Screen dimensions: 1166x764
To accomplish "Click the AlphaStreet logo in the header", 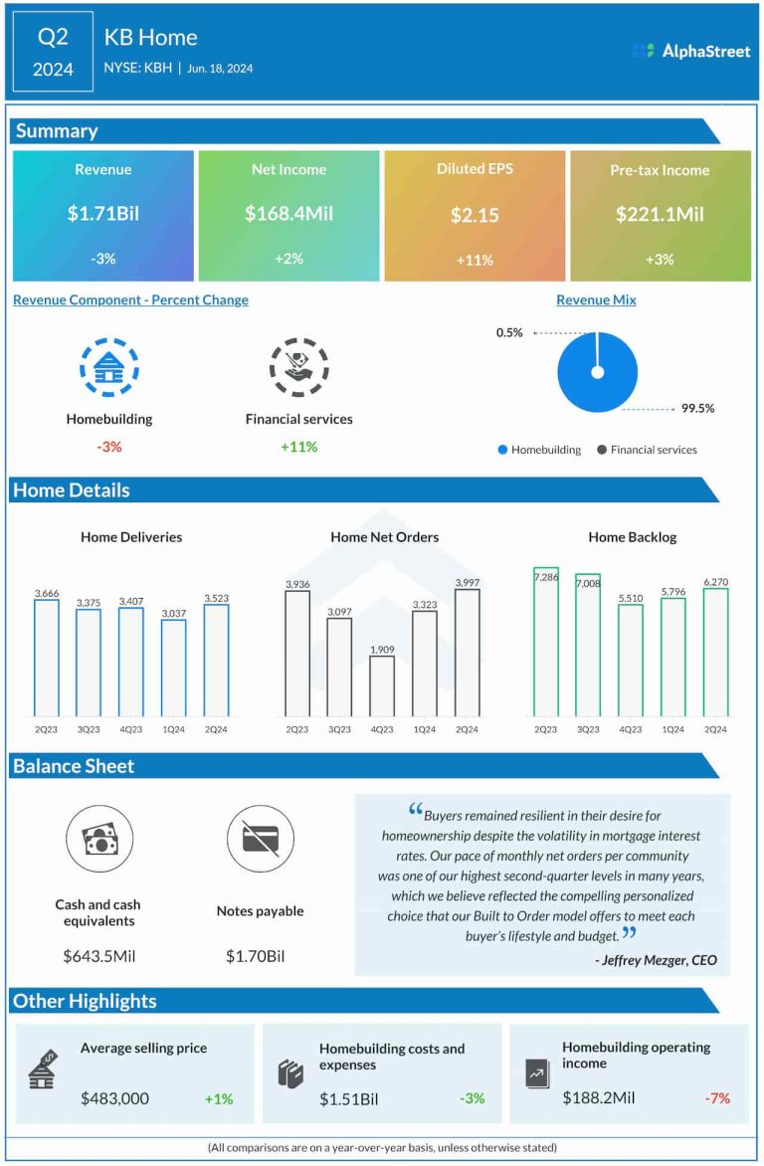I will (x=691, y=51).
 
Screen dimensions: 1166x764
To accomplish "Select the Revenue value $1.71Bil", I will (x=102, y=214).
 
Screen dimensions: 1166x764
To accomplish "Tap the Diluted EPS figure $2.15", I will (x=475, y=215).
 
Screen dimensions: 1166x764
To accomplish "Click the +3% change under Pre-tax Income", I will (x=660, y=260).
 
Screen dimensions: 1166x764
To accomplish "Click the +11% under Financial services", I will (x=298, y=447).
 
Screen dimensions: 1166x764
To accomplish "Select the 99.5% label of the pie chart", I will (x=697, y=408).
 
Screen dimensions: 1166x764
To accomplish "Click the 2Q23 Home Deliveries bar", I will (x=47, y=658).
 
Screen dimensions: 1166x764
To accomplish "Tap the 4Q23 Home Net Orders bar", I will (x=382, y=686).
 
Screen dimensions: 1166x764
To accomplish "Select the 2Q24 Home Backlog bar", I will (x=715, y=652).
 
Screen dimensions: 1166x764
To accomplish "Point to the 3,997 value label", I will (x=467, y=582).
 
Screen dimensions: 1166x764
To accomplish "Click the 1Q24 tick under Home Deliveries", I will (x=173, y=729).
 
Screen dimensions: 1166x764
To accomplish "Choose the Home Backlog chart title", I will (x=632, y=537).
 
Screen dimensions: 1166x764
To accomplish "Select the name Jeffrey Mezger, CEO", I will (x=656, y=960).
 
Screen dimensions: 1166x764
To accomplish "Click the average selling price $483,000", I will (x=114, y=1098).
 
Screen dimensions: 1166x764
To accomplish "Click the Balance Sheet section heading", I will (x=74, y=766).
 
